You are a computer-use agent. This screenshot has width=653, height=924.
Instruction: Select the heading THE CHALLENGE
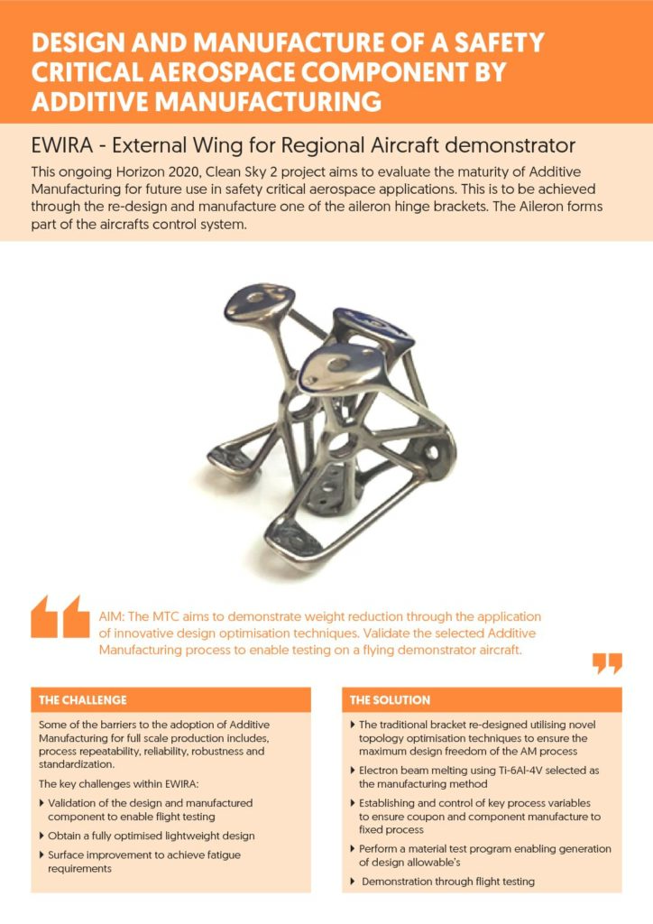[x=82, y=699]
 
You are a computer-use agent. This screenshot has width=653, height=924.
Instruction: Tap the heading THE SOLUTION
[x=390, y=699]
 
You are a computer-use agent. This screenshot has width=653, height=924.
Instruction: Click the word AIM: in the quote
[x=114, y=617]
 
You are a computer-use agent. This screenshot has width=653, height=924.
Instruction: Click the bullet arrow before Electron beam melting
[x=353, y=770]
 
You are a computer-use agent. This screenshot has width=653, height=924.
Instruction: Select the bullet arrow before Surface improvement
[x=42, y=855]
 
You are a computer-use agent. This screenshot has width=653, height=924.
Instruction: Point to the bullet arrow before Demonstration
[x=353, y=881]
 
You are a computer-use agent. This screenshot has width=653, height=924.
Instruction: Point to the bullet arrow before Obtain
[x=42, y=836]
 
